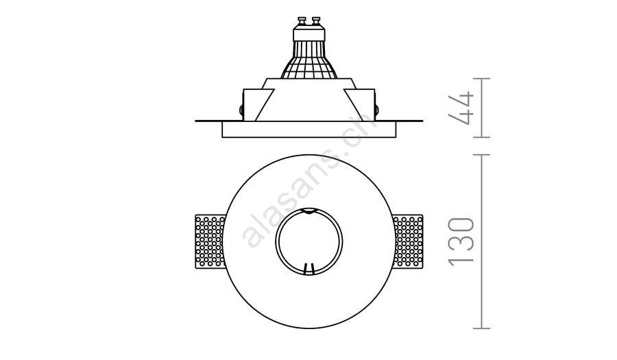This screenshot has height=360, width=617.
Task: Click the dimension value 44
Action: click(461, 108)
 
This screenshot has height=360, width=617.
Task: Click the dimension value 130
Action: click(461, 241)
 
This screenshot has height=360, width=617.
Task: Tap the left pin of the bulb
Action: click(302, 21)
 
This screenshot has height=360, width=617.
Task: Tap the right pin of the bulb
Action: click(315, 21)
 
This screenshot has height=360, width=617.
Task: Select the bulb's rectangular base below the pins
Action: click(309, 33)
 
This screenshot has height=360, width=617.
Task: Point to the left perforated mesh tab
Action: click(210, 241)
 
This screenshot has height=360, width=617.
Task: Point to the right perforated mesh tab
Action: click(408, 241)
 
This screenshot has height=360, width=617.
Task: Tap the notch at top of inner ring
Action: click(309, 211)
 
